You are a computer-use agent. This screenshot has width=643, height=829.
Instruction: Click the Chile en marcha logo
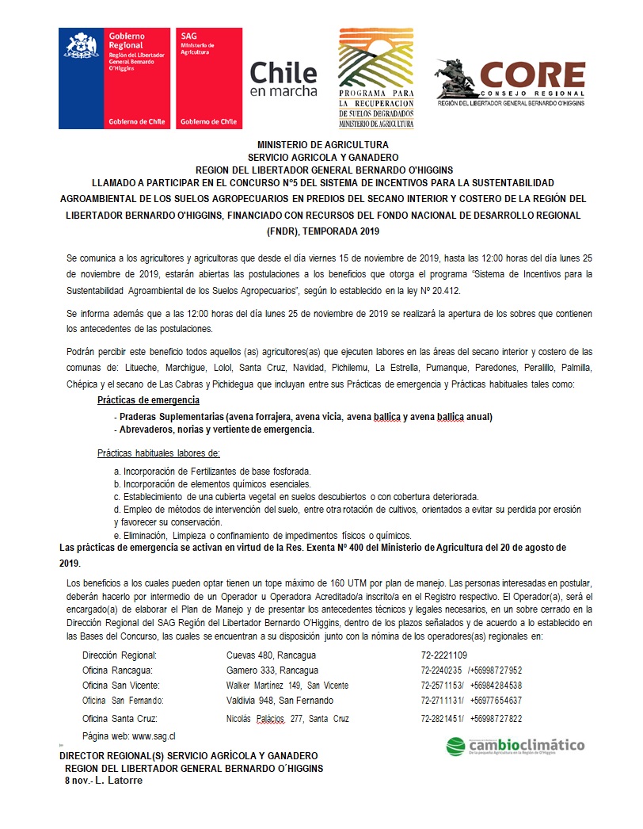tap(283, 79)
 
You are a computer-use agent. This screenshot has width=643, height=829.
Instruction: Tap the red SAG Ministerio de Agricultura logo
tap(208, 78)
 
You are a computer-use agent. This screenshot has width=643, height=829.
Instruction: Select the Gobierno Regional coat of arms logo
tap(114, 78)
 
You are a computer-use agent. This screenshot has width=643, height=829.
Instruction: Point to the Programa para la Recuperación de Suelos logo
tap(376, 78)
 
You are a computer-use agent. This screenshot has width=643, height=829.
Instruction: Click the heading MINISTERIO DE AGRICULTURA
tap(322, 145)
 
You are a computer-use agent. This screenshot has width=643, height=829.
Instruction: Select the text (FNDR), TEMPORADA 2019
tap(322, 231)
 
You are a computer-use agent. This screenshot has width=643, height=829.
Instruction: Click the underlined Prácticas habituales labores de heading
tap(158, 453)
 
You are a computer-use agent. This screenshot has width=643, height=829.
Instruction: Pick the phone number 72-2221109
tap(444, 655)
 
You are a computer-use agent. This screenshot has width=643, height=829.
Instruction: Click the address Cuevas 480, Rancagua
tap(260, 655)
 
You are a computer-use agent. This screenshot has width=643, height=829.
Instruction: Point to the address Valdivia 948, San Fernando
tap(280, 701)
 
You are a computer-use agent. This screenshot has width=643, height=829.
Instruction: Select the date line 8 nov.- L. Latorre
tap(105, 781)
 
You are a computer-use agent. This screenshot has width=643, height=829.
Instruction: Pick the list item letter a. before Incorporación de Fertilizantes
tap(117, 470)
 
